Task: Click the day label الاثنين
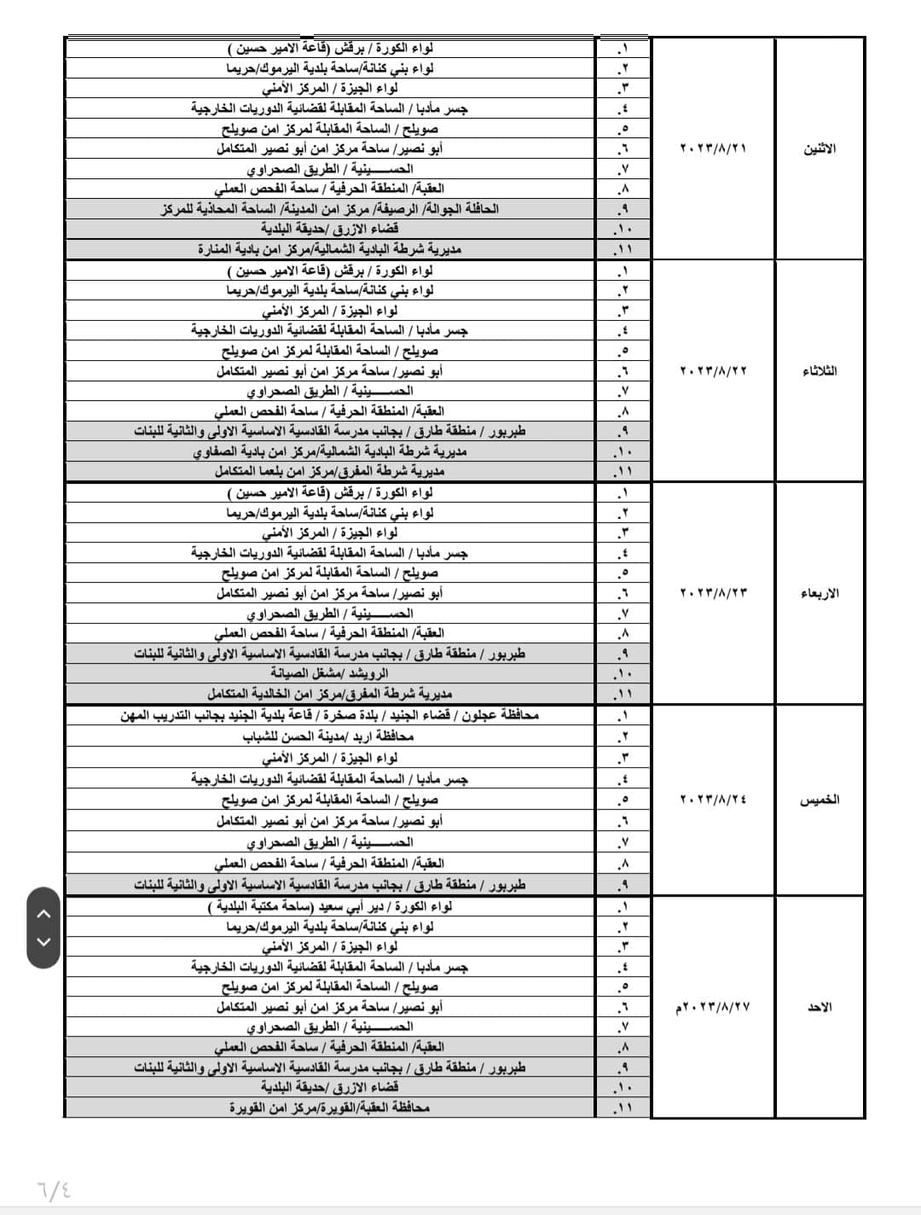click(x=820, y=148)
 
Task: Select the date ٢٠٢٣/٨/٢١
click(x=713, y=148)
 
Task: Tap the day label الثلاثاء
click(x=820, y=371)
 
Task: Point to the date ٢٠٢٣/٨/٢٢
click(x=713, y=371)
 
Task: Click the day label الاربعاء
click(x=820, y=593)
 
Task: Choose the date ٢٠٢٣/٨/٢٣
click(x=713, y=593)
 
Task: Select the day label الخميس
click(x=820, y=800)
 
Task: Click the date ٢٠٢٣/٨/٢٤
click(x=713, y=800)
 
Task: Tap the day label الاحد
click(x=820, y=1008)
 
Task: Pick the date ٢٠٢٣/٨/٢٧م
click(x=713, y=1008)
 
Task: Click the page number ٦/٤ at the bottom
click(x=54, y=1188)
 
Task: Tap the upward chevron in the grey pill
click(x=44, y=913)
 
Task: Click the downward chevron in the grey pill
click(x=44, y=942)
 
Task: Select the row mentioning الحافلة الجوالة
click(x=329, y=209)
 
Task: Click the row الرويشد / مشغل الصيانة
click(x=329, y=674)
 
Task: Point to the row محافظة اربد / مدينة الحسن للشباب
click(x=329, y=736)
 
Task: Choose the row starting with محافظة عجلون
click(x=329, y=716)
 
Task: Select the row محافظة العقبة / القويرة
click(x=329, y=1107)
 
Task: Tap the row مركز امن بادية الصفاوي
click(x=329, y=451)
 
